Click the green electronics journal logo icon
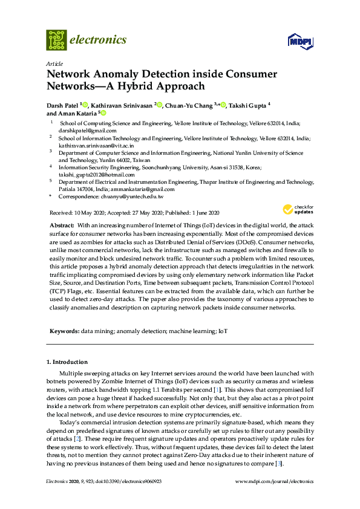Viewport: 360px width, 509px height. pyautogui.click(x=57, y=40)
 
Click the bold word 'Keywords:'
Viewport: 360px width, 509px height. pyautogui.click(x=64, y=331)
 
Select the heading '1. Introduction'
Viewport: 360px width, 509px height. pyautogui.click(x=69, y=362)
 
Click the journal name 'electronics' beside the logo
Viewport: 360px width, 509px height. pyautogui.click(x=99, y=40)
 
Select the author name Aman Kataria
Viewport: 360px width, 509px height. pyautogui.click(x=73, y=113)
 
